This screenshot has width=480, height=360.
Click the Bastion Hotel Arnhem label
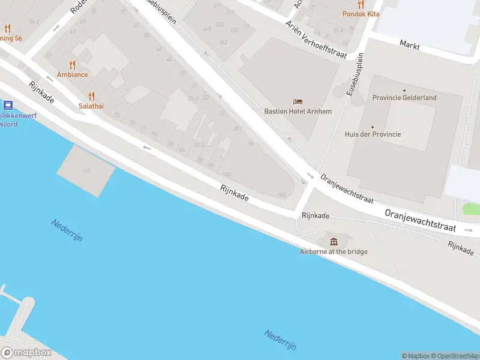point(298,111)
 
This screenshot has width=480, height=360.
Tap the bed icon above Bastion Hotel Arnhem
point(298,101)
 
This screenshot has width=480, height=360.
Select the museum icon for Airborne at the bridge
point(334,241)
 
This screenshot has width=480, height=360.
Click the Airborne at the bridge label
point(334,251)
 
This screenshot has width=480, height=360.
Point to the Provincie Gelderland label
point(404,98)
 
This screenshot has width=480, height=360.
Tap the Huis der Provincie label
point(373,134)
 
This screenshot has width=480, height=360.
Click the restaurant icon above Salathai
point(91,95)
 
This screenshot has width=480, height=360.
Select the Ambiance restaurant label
point(73,74)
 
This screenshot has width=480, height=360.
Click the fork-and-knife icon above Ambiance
point(73,65)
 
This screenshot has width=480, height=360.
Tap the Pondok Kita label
point(361,14)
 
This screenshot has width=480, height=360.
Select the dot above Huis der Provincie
point(373,127)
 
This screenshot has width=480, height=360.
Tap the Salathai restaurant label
point(91,105)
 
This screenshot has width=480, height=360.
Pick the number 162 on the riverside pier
point(86,172)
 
